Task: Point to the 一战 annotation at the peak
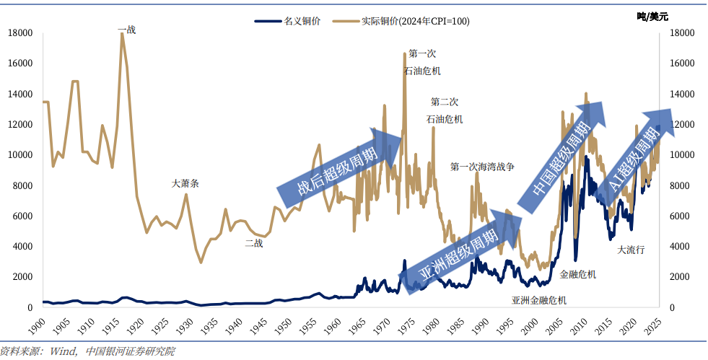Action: [x=126, y=30]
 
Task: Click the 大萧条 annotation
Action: [x=185, y=183]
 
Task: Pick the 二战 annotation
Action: [x=253, y=243]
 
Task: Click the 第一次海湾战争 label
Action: [x=482, y=167]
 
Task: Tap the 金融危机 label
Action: [x=578, y=274]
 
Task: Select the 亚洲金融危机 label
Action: [x=539, y=299]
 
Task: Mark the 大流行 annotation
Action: [x=631, y=250]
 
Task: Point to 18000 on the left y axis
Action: [x=22, y=33]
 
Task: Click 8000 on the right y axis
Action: [x=681, y=185]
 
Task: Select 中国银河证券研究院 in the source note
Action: [x=130, y=352]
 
